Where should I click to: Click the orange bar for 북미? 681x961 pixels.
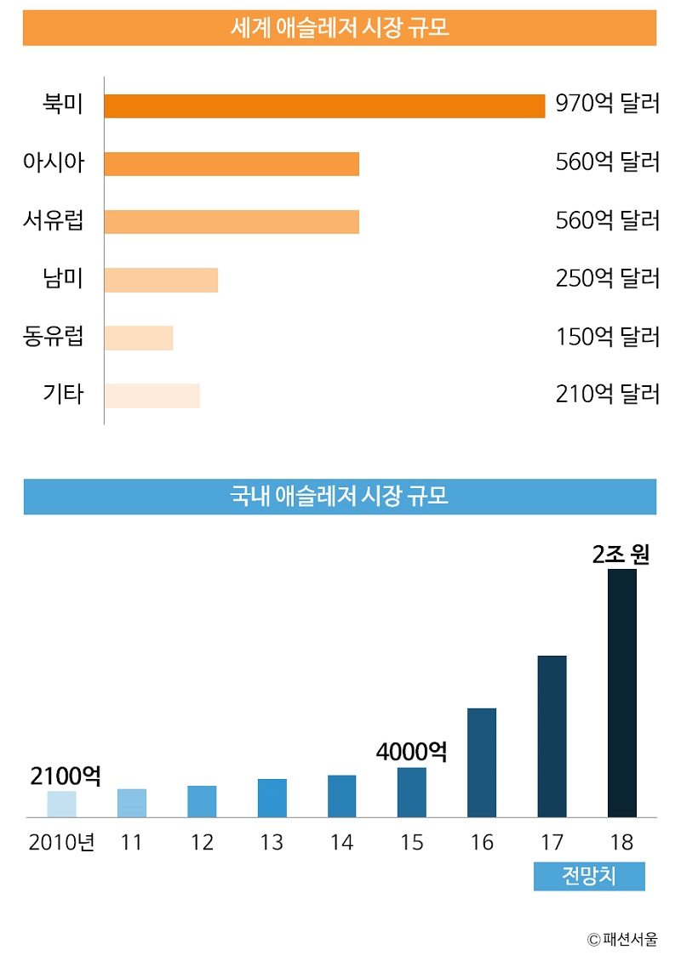pos(324,105)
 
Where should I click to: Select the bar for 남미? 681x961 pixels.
pos(161,280)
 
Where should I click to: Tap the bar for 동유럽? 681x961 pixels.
pos(139,338)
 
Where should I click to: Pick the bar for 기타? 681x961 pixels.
pos(152,395)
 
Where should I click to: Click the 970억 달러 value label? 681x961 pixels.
pos(607,105)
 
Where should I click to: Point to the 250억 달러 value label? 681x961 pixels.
pos(607,279)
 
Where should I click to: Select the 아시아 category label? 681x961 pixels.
pos(54,162)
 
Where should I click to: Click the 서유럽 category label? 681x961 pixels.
pos(54,220)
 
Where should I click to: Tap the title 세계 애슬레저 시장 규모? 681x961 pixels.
pos(340,28)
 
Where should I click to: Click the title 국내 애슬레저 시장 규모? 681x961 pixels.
pos(340,497)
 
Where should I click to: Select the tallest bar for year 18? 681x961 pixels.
pos(622,693)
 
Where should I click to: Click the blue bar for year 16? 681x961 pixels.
pos(482,762)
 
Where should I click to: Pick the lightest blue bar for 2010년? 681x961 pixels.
pos(62,804)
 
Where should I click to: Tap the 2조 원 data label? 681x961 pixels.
pos(621,554)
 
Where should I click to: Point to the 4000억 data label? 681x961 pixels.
pos(411,752)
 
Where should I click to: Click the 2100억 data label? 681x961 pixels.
pos(66,776)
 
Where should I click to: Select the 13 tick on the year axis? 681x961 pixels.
pos(272,843)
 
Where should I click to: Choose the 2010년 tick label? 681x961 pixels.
pos(62,843)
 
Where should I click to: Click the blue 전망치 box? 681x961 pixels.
pos(589,876)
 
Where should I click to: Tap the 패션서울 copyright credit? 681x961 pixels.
pos(622,939)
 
